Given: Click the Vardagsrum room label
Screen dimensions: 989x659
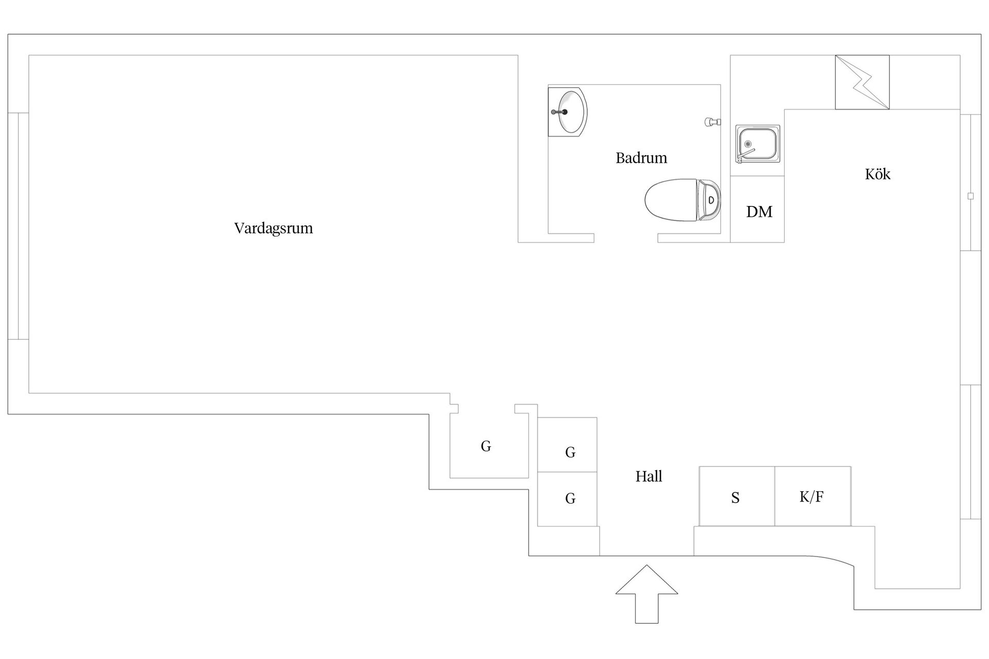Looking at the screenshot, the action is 274,228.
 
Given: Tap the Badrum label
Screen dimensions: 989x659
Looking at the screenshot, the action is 641,158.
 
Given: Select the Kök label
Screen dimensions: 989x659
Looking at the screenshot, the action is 878,174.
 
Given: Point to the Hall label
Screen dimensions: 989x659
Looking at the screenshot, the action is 649,476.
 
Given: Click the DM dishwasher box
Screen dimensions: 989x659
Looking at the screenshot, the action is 757,209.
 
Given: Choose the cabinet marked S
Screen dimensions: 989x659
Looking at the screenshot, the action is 737,496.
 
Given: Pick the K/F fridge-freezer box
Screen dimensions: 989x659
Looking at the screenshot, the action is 813,496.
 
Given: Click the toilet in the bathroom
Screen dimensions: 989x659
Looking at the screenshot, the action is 683,200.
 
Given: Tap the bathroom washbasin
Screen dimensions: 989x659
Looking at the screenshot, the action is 568,112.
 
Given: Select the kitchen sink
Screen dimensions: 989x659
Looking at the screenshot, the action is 758,144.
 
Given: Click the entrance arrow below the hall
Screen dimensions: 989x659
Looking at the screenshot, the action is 646,594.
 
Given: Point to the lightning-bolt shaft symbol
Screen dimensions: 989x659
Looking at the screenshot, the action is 862,82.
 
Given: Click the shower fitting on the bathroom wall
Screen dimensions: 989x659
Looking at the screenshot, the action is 713,122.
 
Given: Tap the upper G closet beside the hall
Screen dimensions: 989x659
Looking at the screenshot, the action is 567,445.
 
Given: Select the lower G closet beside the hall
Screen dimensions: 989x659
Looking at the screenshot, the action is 567,499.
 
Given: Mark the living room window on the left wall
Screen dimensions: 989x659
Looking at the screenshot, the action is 18,226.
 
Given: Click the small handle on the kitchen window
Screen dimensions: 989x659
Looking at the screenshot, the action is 970,196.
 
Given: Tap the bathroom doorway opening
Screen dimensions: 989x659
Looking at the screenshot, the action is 626,238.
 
